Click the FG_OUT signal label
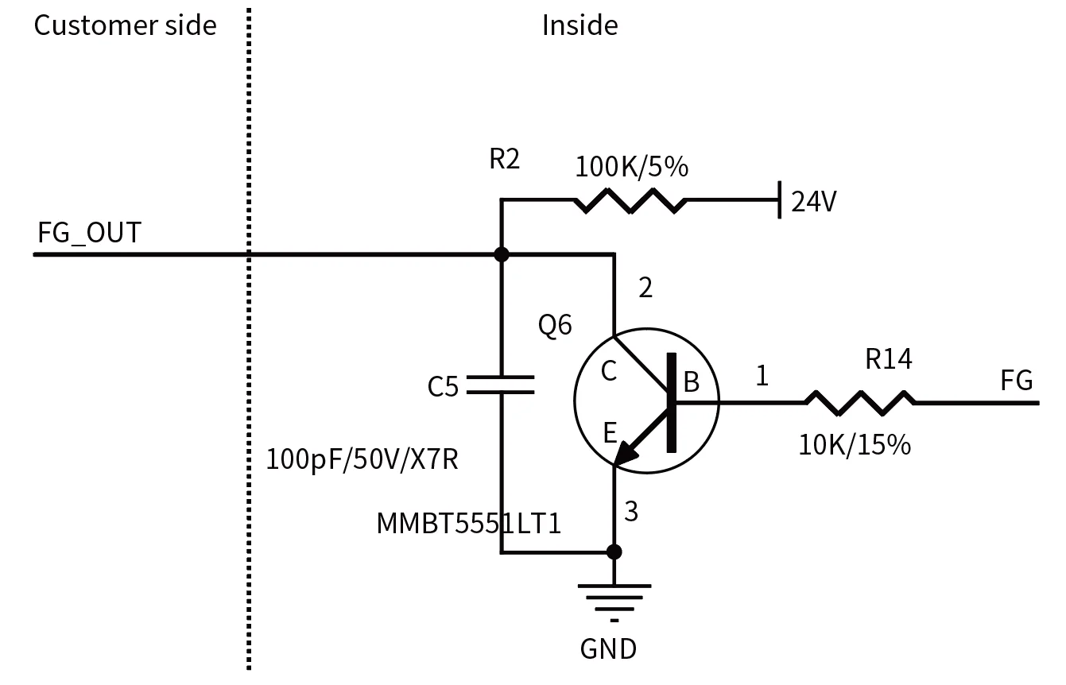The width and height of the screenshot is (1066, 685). tap(89, 233)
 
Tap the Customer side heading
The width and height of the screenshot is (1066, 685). tap(125, 25)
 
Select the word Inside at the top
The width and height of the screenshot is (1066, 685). tap(580, 25)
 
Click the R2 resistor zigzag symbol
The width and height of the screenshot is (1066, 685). tap(630, 200)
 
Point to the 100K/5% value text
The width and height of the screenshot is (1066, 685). tap(631, 167)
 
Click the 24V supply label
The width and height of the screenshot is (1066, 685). tap(813, 203)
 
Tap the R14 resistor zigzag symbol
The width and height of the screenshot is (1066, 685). tap(859, 402)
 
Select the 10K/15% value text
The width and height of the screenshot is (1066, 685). tap(854, 445)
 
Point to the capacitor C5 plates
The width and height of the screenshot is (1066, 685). tap(500, 385)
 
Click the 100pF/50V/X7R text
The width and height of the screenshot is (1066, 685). tap(362, 459)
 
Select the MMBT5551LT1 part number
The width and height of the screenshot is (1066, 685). tap(469, 523)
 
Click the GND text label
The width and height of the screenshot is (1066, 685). tap(608, 649)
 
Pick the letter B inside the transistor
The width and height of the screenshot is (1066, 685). tap(691, 383)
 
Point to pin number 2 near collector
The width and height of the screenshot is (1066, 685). tap(645, 288)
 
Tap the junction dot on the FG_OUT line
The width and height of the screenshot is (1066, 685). tap(501, 254)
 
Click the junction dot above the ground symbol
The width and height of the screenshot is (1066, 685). tap(614, 551)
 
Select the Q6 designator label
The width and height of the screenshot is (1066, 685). tap(555, 325)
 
